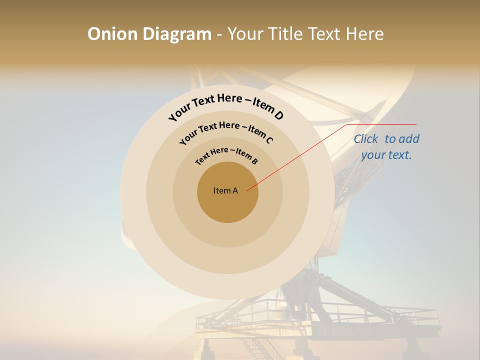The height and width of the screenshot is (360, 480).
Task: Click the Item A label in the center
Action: tap(225, 190)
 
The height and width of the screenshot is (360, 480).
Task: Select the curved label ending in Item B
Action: tap(226, 154)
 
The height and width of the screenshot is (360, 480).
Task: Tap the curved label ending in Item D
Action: tap(226, 106)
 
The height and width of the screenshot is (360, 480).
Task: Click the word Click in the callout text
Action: tap(366, 139)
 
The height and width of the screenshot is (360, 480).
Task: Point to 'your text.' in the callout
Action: tap(386, 155)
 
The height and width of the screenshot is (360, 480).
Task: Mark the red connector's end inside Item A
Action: tap(247, 190)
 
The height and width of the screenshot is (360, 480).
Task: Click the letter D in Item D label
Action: tap(278, 115)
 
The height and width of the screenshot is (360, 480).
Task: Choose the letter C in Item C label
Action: tap(269, 140)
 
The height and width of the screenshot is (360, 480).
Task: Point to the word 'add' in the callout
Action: tap(409, 139)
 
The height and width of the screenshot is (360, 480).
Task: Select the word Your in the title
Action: tap(246, 34)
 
